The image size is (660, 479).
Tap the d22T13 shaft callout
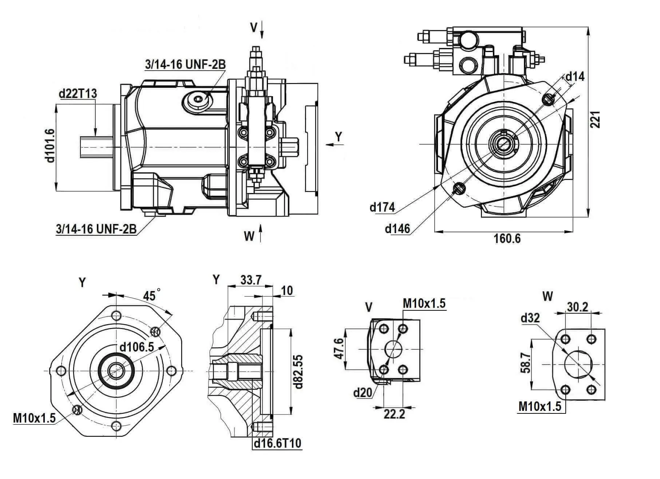(78, 94)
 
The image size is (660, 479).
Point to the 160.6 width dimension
(507, 239)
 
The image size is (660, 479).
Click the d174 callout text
(382, 207)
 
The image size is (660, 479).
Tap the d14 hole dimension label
(574, 76)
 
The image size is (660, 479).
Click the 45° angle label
(152, 295)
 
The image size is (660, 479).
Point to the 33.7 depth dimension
(251, 280)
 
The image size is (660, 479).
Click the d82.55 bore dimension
(299, 371)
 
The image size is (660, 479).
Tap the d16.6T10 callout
(277, 443)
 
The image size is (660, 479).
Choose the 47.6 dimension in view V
(338, 349)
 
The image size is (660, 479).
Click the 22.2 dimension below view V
(394, 414)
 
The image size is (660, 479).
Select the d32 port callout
(530, 318)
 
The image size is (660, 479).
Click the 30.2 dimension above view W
(577, 307)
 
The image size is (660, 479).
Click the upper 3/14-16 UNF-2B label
(185, 64)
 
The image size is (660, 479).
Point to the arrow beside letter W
(260, 233)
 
